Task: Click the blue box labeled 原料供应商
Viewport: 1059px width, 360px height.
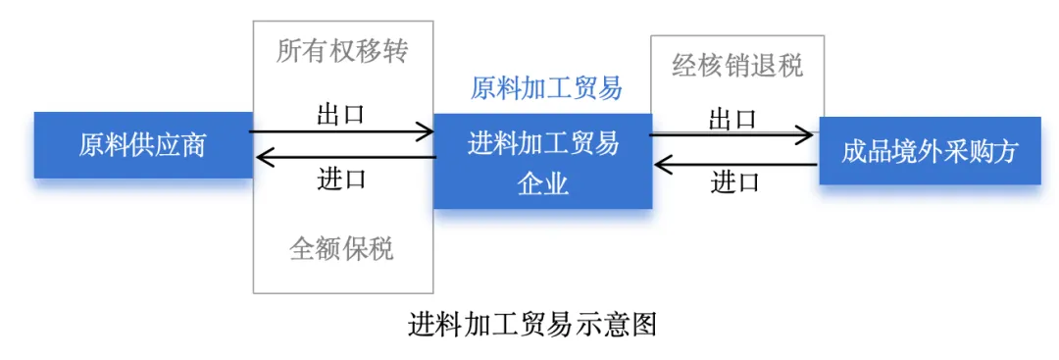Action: pyautogui.click(x=144, y=145)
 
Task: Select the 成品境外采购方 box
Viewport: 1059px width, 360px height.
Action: pyautogui.click(x=930, y=151)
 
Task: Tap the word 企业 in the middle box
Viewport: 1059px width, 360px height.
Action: pyautogui.click(x=543, y=183)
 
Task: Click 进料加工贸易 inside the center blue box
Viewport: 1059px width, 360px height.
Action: pyautogui.click(x=543, y=144)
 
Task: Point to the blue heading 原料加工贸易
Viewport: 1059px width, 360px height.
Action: pyautogui.click(x=546, y=88)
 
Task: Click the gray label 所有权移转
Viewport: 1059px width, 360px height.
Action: pyautogui.click(x=342, y=52)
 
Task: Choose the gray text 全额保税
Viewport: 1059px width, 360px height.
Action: pyautogui.click(x=342, y=248)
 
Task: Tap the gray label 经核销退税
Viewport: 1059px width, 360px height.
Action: pyautogui.click(x=737, y=66)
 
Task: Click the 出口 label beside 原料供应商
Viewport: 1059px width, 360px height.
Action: pyautogui.click(x=341, y=114)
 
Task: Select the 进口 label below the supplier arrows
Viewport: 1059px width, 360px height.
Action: pyautogui.click(x=341, y=179)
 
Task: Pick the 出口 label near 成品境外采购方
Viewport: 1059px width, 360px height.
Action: pyautogui.click(x=732, y=120)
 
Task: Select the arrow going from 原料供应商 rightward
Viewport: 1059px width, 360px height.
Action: pyautogui.click(x=342, y=131)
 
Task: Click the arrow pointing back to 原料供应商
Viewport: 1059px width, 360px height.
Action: pyautogui.click(x=345, y=158)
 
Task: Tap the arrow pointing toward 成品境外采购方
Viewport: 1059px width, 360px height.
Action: pyautogui.click(x=731, y=135)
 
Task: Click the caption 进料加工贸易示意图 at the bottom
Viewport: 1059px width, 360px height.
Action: pyautogui.click(x=532, y=326)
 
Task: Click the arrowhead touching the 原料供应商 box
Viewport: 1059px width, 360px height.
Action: pyautogui.click(x=264, y=158)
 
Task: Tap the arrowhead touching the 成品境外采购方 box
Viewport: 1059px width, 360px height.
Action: pyautogui.click(x=804, y=135)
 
